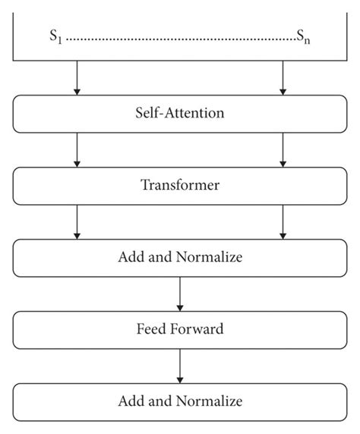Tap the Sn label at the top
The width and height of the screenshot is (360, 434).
[x=303, y=36]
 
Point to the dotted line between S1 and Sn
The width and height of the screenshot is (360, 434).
[x=180, y=36]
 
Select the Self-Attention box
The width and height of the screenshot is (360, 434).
[x=180, y=114]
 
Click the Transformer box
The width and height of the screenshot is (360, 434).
[x=180, y=185]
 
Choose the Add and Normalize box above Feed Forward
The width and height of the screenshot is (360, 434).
[x=180, y=257]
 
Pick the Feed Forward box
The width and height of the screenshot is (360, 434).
[x=180, y=330]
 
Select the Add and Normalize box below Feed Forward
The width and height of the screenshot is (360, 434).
[x=180, y=401]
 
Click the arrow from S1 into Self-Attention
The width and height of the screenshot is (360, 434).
[x=77, y=78]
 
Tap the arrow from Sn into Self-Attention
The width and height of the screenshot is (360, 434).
[x=283, y=78]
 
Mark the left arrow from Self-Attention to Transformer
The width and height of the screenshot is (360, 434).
[x=77, y=149]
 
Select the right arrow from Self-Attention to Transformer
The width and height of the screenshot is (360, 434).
[x=283, y=149]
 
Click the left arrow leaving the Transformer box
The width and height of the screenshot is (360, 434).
[x=77, y=222]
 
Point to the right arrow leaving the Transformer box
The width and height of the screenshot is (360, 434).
[x=283, y=222]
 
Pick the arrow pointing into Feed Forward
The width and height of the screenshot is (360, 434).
[x=180, y=294]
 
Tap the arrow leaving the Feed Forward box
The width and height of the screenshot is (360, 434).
[x=180, y=366]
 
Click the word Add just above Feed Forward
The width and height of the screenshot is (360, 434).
[x=129, y=257]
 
